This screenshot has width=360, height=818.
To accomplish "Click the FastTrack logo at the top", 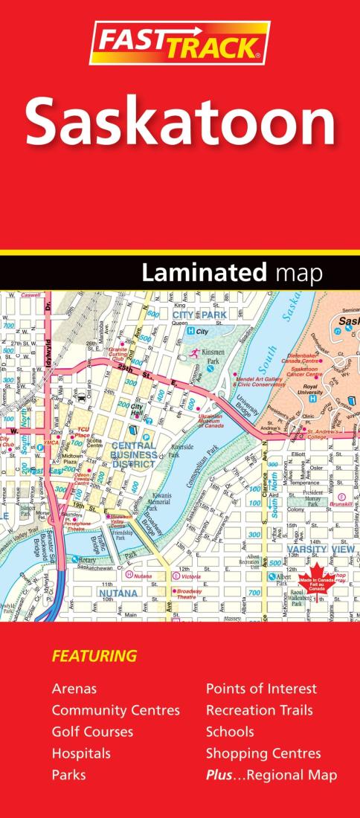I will (x=179, y=43).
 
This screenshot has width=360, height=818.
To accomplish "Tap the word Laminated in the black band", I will (x=204, y=273).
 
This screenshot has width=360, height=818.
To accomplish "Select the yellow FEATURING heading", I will (x=94, y=656).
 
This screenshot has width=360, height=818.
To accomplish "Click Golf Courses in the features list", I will (x=92, y=732).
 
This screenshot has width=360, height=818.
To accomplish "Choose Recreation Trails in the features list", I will (x=259, y=710).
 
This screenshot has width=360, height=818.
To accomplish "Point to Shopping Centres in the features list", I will (x=263, y=753).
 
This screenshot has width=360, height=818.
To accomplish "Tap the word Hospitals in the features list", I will (x=81, y=753).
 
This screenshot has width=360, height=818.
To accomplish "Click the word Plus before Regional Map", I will (x=221, y=775).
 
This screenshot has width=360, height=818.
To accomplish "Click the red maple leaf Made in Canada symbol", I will (x=312, y=581).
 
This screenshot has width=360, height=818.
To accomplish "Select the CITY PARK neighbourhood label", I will (x=199, y=315).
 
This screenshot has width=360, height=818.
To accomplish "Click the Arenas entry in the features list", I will (x=74, y=689).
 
